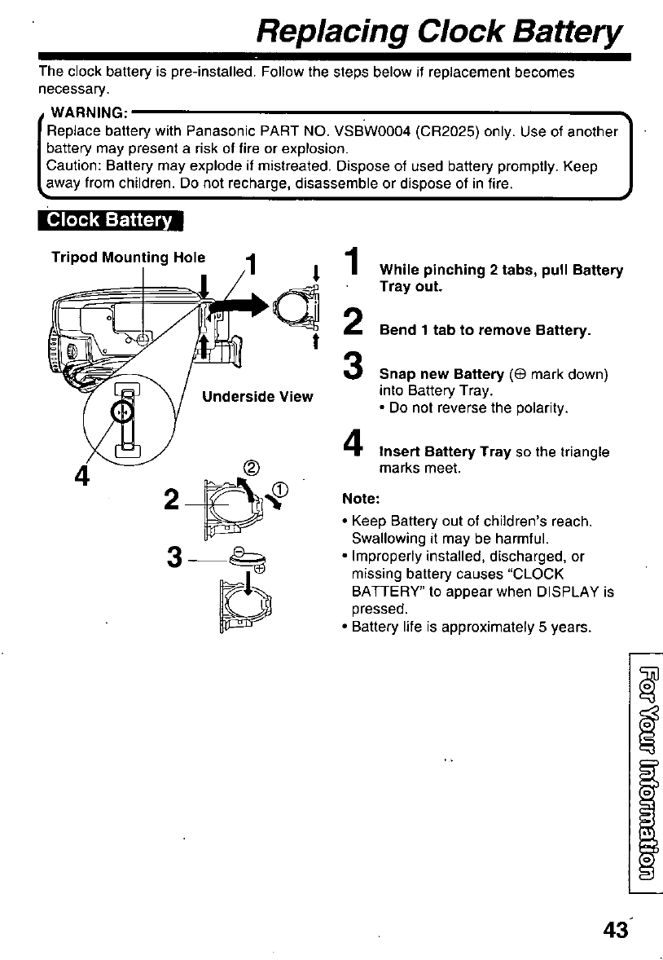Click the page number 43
click(x=616, y=929)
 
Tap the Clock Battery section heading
click(x=112, y=220)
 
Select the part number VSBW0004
click(x=371, y=130)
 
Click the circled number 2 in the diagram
click(x=252, y=467)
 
